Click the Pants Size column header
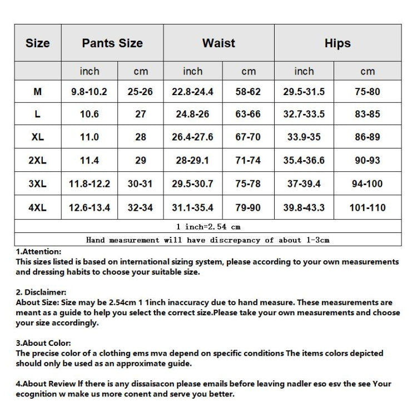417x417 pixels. (x=112, y=43)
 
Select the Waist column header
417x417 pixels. (x=219, y=43)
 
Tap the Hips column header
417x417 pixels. (x=337, y=43)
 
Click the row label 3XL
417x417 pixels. (x=37, y=184)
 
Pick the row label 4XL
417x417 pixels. (x=37, y=208)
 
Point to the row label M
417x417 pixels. (x=37, y=92)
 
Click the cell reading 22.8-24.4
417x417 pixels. (x=192, y=92)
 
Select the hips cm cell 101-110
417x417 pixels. (x=368, y=208)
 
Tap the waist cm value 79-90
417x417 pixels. (x=248, y=208)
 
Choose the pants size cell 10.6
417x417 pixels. (x=90, y=115)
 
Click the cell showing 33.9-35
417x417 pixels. (x=304, y=137)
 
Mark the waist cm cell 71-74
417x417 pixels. (x=248, y=161)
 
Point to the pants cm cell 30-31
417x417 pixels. (x=140, y=184)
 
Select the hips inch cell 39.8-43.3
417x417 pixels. (x=304, y=208)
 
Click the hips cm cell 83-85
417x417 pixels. (x=368, y=115)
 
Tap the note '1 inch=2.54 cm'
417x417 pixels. (x=208, y=227)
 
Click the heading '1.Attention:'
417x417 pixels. (x=38, y=252)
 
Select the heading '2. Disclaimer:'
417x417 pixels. (x=41, y=292)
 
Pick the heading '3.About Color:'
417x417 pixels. (x=43, y=344)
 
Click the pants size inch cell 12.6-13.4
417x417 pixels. (x=90, y=208)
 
